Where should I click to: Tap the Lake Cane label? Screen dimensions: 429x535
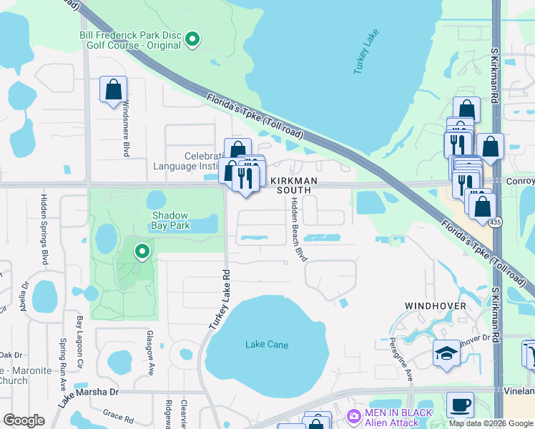pos(267,345)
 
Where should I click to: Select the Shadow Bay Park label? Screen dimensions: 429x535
pos(170,220)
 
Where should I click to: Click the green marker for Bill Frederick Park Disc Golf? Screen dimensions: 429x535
pos(192,39)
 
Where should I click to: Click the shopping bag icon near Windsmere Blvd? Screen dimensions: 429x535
pos(113,89)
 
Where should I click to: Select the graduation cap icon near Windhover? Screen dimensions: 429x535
pos(446,353)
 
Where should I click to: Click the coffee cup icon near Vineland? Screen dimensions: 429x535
pos(460,405)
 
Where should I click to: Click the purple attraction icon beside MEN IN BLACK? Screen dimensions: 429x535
pos(353,417)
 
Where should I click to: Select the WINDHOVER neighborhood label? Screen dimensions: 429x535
pos(436,306)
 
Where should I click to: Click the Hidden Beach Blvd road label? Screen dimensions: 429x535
pos(298,230)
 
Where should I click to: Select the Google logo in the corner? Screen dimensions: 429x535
pos(24,420)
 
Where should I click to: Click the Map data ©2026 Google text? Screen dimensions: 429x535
pos(491,423)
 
